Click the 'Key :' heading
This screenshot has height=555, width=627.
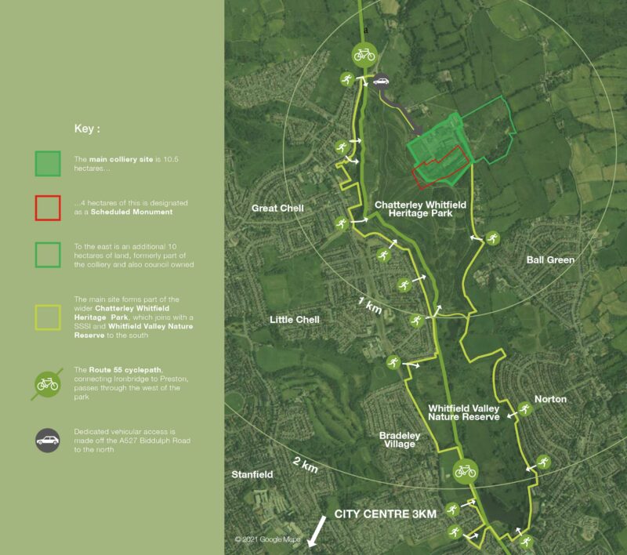click(87, 128)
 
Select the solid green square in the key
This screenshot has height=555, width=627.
click(48, 164)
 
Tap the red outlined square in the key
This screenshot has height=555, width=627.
click(48, 208)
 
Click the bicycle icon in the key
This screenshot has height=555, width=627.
click(48, 384)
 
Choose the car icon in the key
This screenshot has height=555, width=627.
click(48, 441)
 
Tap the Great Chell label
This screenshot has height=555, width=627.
click(277, 209)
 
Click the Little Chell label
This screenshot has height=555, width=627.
click(295, 320)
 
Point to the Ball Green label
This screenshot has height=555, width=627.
click(550, 259)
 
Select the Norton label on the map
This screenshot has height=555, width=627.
click(550, 399)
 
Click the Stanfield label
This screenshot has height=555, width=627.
click(252, 475)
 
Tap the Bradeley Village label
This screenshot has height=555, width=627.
click(400, 440)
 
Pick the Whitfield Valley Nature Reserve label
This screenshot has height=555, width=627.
click(464, 412)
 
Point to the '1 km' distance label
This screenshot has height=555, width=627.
click(369, 307)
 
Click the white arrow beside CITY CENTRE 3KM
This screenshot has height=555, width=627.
click(317, 532)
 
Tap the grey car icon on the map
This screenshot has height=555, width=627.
click(381, 80)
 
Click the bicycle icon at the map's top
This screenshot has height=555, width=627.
click(364, 54)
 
